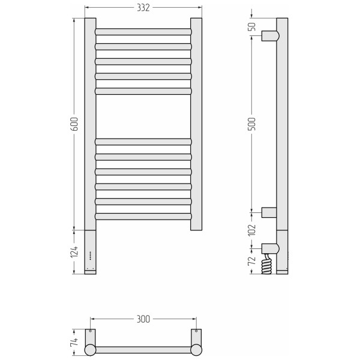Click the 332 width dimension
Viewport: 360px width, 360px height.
click(x=143, y=8)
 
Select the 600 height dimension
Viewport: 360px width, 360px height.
click(x=74, y=124)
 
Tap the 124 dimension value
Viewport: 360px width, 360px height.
click(x=74, y=251)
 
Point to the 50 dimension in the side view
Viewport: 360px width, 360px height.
click(x=252, y=26)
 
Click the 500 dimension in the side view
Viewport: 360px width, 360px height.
click(x=252, y=124)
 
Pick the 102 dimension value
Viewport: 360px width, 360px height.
click(x=252, y=230)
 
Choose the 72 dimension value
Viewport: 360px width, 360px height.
click(x=252, y=260)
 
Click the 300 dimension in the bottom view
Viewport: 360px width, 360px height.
click(x=143, y=319)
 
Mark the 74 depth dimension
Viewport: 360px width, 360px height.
click(x=74, y=342)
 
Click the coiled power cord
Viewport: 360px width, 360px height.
click(x=266, y=264)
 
